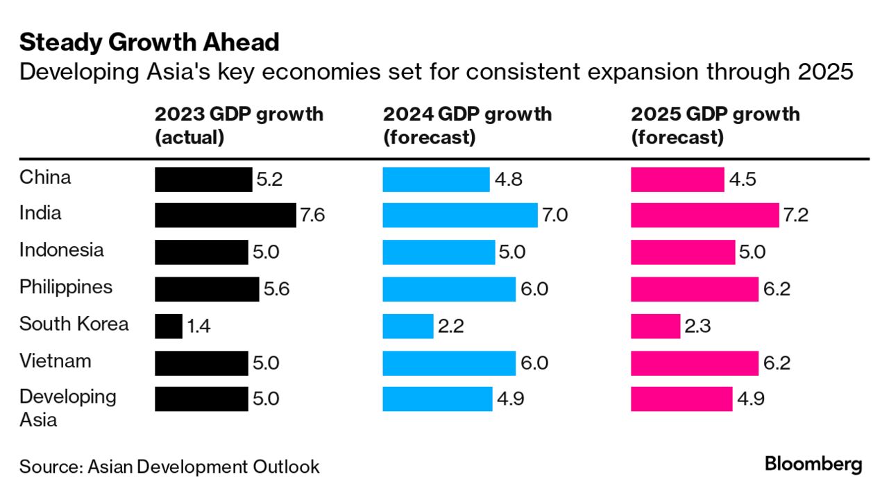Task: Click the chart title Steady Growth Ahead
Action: tap(149, 43)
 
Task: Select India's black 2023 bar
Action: tap(225, 215)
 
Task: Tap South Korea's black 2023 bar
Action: tap(168, 326)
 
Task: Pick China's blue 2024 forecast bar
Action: tap(436, 179)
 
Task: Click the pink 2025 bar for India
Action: tap(704, 215)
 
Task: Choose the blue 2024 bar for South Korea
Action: tap(408, 326)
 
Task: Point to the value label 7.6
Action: tap(312, 215)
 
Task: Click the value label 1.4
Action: tap(198, 326)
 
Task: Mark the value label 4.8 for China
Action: tap(507, 179)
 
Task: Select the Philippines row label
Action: tap(66, 287)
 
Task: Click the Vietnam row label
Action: tap(56, 361)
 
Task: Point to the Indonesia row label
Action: tap(62, 250)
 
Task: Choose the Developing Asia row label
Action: tap(68, 408)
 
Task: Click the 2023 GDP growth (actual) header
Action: tap(239, 125)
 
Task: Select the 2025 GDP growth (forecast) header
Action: tap(715, 125)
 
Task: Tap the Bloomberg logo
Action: tap(813, 464)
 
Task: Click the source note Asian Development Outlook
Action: tap(169, 467)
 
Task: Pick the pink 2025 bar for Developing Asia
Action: tap(681, 399)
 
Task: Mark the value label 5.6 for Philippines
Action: tap(276, 288)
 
